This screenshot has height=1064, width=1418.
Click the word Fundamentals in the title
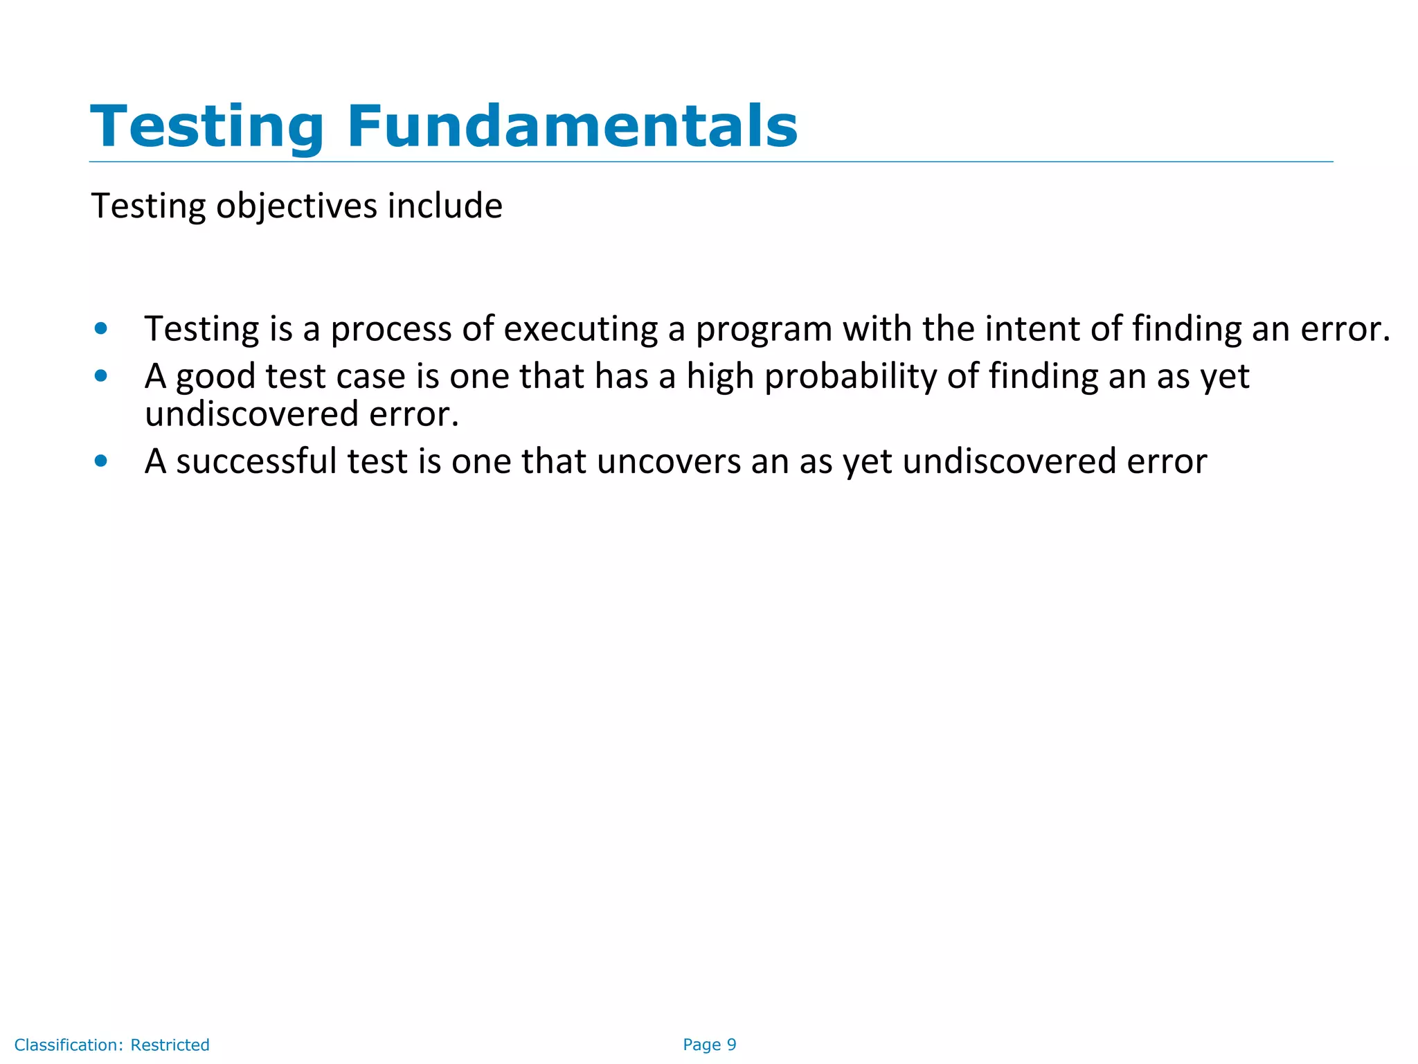point(572,126)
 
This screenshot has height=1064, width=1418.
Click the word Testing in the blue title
point(207,126)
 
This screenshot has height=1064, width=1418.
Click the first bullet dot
point(101,328)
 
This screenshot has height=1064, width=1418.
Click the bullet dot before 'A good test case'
point(101,376)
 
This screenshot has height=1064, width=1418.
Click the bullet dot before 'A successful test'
point(101,461)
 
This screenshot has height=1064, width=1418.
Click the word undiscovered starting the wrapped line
point(251,414)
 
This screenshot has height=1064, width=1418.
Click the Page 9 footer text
point(709,1045)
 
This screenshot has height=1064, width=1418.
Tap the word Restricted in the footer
point(170,1045)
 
